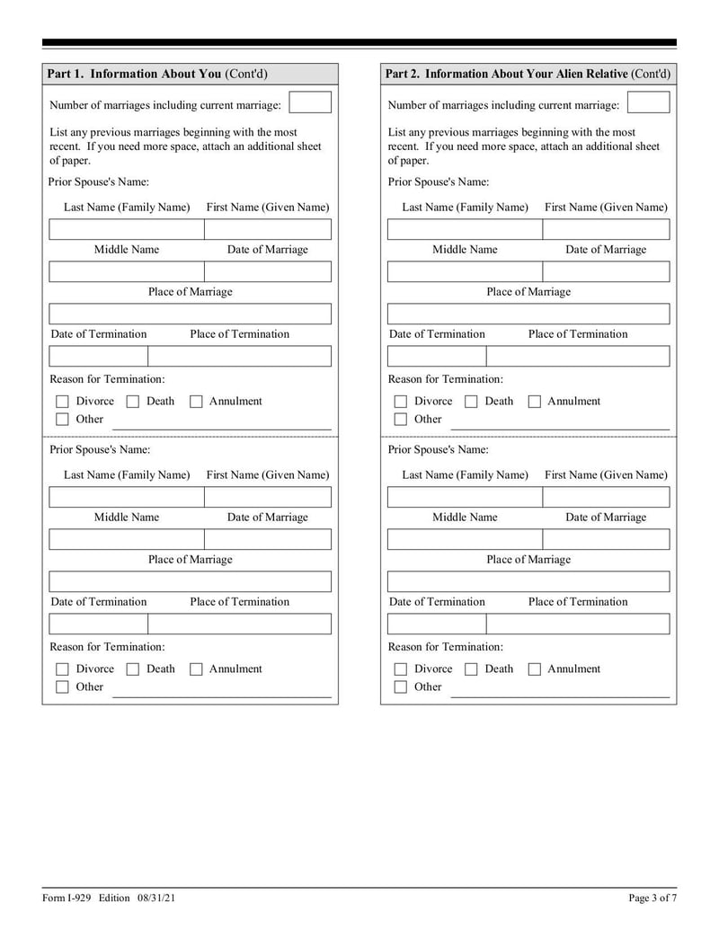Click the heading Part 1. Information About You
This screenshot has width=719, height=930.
pyautogui.click(x=134, y=74)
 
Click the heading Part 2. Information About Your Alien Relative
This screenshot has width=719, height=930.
pyautogui.click(x=507, y=74)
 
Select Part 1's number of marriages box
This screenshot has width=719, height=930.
pyautogui.click(x=310, y=102)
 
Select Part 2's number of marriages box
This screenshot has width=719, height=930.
pyautogui.click(x=648, y=102)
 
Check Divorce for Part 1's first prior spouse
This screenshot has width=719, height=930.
pyautogui.click(x=62, y=402)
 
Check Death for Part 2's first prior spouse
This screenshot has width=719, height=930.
pyautogui.click(x=471, y=402)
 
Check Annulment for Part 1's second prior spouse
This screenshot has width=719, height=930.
pyautogui.click(x=196, y=669)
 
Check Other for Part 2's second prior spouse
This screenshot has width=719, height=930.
pyautogui.click(x=401, y=687)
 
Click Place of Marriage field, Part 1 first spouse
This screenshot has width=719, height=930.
pyautogui.click(x=190, y=314)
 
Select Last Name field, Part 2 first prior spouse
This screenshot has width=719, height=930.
pyautogui.click(x=465, y=229)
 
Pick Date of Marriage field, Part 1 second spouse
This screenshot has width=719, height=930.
pyautogui.click(x=268, y=539)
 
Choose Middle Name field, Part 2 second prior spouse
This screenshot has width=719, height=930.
pyautogui.click(x=465, y=539)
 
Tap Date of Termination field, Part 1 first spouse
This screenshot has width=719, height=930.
pyautogui.click(x=98, y=356)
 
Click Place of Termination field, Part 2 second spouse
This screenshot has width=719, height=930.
pyautogui.click(x=578, y=624)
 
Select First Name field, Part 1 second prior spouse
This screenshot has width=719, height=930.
pyautogui.click(x=268, y=497)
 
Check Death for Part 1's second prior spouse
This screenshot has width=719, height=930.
pyautogui.click(x=133, y=669)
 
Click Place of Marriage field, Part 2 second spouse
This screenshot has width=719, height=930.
pyautogui.click(x=528, y=581)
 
